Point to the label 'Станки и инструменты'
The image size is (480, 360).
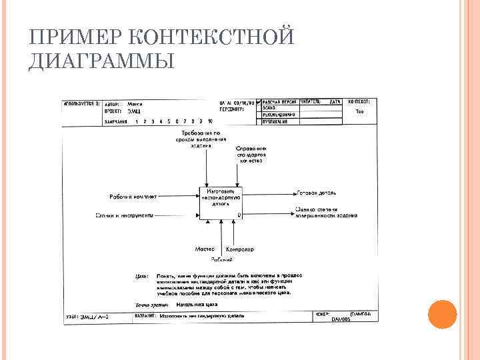click(125, 215)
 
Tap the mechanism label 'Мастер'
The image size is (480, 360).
click(204, 249)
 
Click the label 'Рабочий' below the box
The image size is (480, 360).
click(222, 259)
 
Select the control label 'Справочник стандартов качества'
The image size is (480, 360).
click(251, 154)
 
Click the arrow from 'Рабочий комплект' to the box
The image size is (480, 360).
click(178, 197)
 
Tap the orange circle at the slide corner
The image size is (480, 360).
click(441, 314)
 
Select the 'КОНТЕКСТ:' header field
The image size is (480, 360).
click(359, 101)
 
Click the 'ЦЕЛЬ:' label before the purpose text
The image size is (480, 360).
click(141, 275)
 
